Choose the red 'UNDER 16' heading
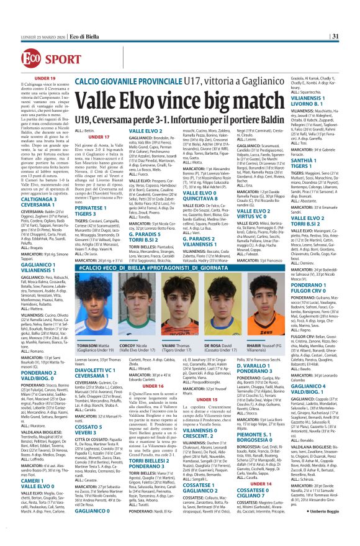pyautogui.click(x=153, y=386)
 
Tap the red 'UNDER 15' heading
pyautogui.click(x=207, y=399)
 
